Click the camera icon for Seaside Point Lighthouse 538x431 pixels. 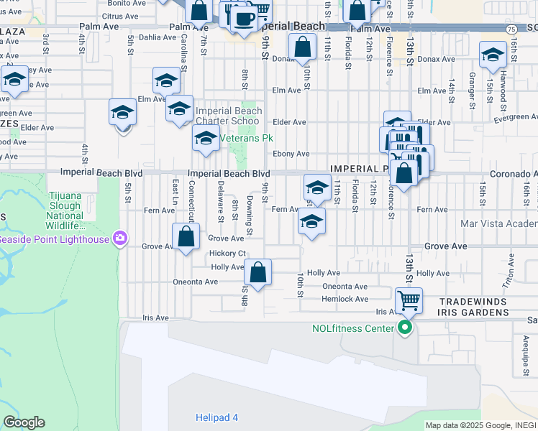point(120,238)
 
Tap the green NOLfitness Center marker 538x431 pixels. point(405,328)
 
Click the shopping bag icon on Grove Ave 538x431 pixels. point(186,236)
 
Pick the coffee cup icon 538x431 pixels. point(244,18)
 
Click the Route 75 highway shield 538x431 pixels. point(510,29)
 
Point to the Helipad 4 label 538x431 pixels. point(216,417)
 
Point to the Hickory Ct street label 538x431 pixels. point(228,254)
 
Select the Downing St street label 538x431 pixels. point(250,215)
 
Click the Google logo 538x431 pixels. point(24,422)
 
